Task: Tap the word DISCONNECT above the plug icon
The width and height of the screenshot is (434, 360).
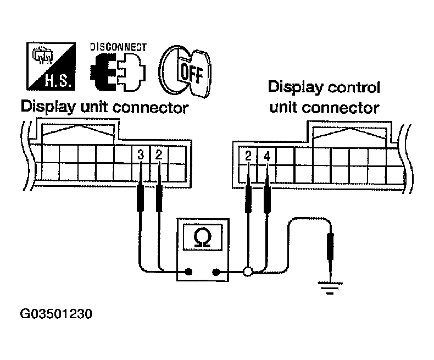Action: click(x=119, y=47)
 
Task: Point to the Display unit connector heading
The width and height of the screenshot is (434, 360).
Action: click(x=104, y=107)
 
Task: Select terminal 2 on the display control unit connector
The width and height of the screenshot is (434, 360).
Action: click(x=248, y=156)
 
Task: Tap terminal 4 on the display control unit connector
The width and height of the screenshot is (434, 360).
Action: click(x=267, y=156)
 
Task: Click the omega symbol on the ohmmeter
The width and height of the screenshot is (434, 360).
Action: click(x=202, y=237)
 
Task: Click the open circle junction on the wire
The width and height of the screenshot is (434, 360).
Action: click(x=248, y=271)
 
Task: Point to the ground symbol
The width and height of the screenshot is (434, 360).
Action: click(x=330, y=287)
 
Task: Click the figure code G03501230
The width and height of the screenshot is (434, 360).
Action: click(x=55, y=315)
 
